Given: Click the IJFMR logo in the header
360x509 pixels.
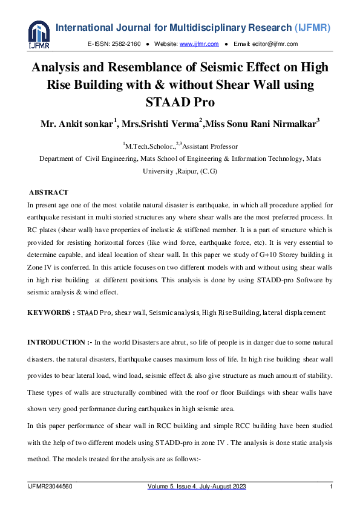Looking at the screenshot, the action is pyautogui.click(x=39, y=35).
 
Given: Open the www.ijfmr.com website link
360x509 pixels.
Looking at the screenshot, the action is pyautogui.click(x=194, y=44).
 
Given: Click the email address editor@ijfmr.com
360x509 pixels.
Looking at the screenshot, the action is pyautogui.click(x=274, y=44).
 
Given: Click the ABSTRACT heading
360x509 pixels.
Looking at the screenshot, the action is pyautogui.click(x=48, y=192).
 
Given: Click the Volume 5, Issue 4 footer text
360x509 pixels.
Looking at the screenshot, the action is pyautogui.click(x=197, y=487).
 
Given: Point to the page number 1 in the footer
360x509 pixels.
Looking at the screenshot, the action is pyautogui.click(x=331, y=487).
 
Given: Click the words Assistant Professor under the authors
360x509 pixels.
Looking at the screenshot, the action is pyautogui.click(x=210, y=146).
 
